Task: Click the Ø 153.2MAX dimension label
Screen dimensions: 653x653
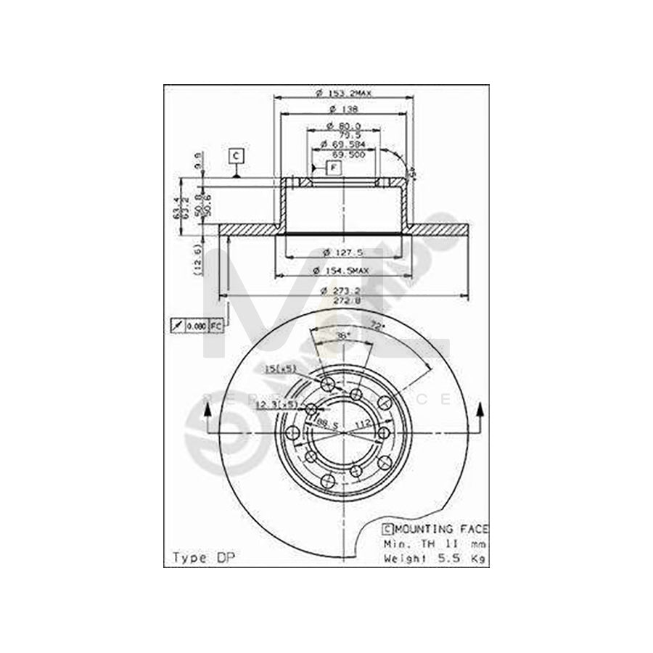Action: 345,94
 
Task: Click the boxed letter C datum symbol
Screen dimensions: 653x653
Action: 236,155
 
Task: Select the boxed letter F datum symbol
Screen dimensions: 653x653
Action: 333,168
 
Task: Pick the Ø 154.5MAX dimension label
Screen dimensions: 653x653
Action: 345,271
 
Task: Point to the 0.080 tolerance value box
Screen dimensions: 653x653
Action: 197,326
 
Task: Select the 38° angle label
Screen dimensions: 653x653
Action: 343,335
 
